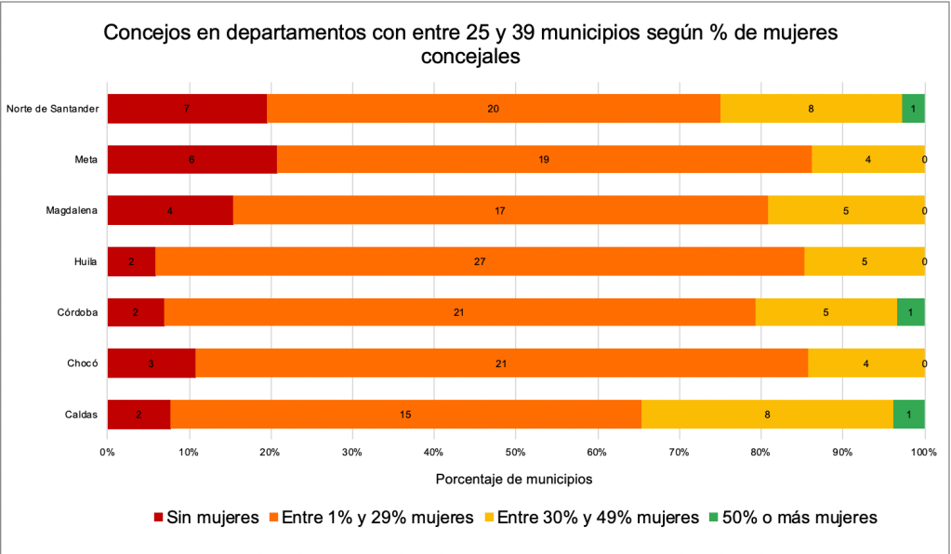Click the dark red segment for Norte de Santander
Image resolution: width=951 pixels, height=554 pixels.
click(x=187, y=109)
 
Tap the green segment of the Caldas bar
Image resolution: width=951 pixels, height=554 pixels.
click(x=908, y=414)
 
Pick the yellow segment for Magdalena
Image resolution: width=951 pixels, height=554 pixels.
click(x=846, y=211)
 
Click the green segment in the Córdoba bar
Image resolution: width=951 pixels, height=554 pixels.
click(x=910, y=312)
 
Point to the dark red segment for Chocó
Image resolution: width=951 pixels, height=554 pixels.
click(x=151, y=363)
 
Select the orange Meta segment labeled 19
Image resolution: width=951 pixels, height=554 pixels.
click(x=544, y=160)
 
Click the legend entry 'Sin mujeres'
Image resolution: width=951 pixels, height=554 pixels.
click(x=205, y=517)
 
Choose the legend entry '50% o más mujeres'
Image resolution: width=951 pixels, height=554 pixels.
click(x=792, y=517)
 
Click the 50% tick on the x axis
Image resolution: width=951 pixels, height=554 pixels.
click(x=515, y=452)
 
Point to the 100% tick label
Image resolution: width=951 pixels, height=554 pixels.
click(x=923, y=452)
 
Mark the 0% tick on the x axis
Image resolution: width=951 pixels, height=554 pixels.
click(x=107, y=452)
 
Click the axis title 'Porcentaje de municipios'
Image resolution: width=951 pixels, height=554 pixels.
click(x=513, y=480)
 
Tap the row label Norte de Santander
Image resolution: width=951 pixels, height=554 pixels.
click(x=52, y=109)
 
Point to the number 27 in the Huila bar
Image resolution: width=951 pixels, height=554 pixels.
click(x=480, y=262)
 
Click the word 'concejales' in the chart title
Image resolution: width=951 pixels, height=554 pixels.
click(x=469, y=56)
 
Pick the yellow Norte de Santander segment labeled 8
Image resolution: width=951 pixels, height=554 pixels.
click(x=811, y=109)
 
